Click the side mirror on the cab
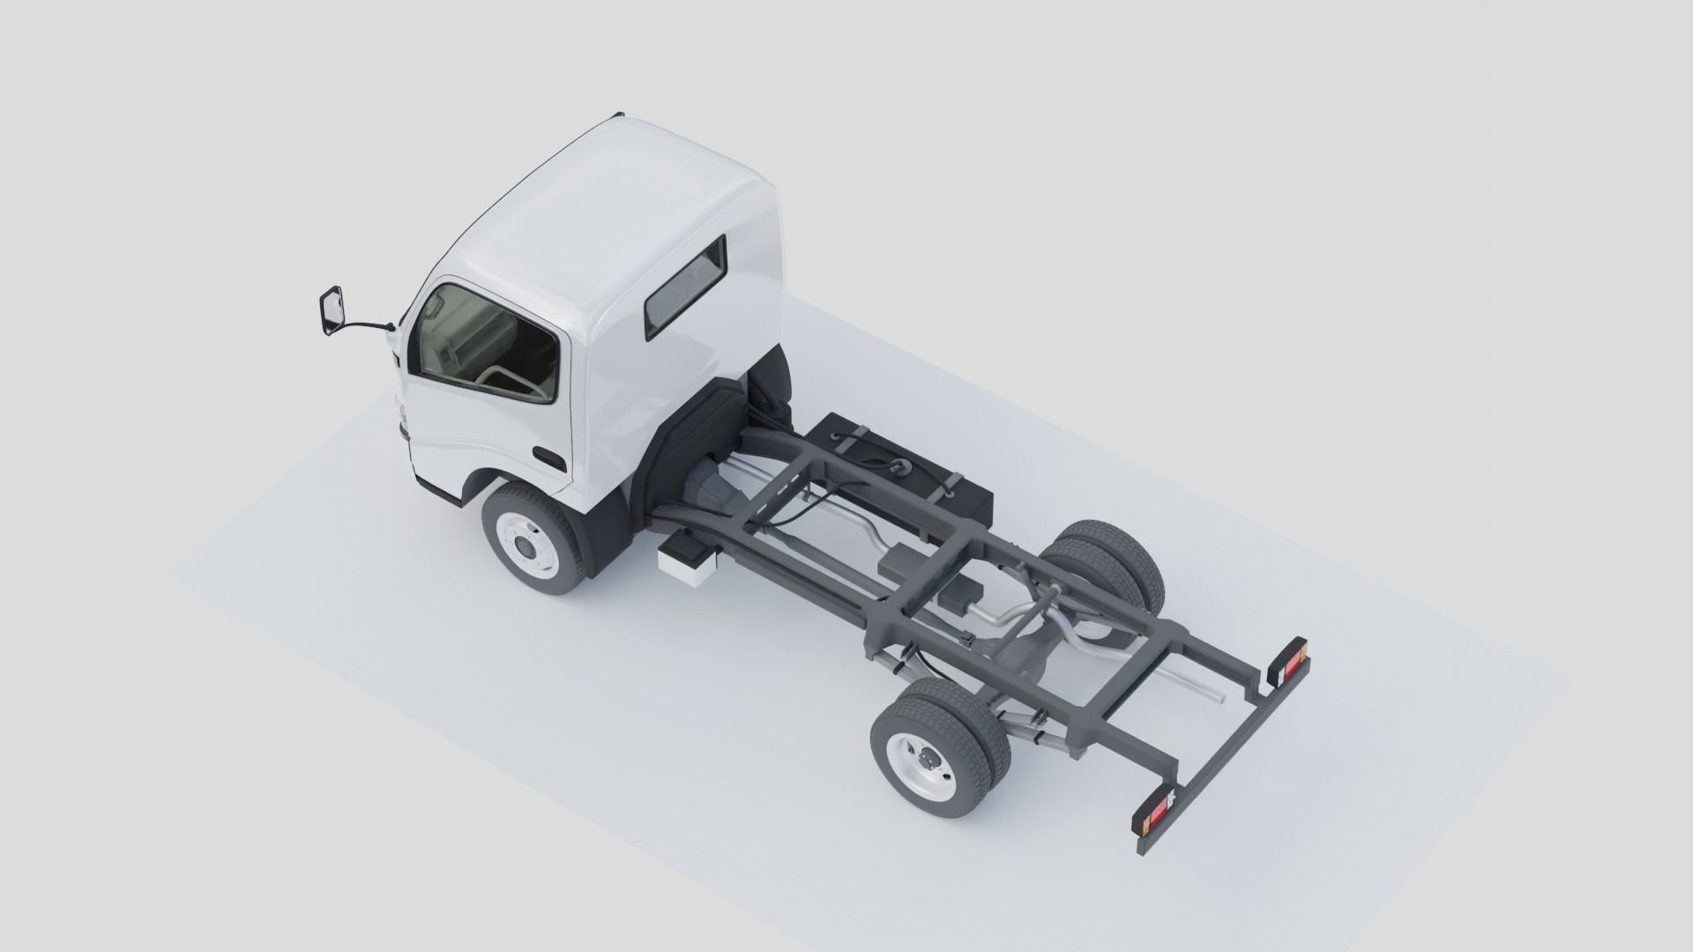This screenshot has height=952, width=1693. (331, 310)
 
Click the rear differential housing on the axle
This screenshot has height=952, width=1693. (1023, 657)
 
